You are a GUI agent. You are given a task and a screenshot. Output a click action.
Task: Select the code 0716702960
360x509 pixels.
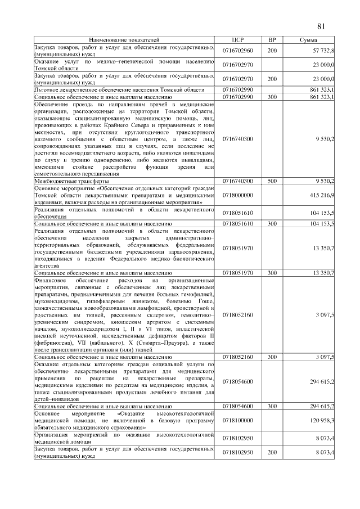tap(237, 51)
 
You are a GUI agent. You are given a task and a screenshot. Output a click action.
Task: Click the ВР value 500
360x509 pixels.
tap(272, 181)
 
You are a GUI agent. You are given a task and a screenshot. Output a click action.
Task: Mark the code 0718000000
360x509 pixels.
tap(237, 195)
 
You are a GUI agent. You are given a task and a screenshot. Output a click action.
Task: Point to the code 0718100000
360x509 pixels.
tap(237, 420)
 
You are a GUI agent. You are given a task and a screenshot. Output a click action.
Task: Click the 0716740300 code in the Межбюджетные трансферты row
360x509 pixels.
tap(237, 181)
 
